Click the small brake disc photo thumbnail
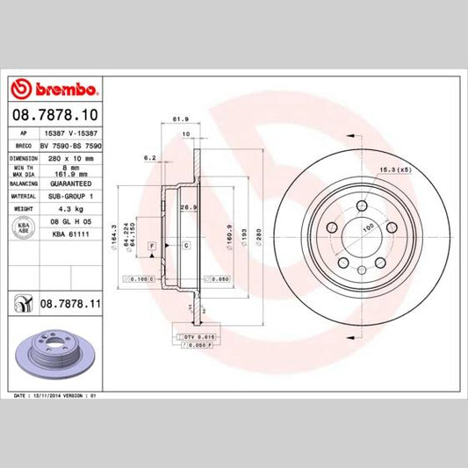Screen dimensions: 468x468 (x=54, y=356)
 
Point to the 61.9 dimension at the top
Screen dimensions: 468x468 (x=183, y=119)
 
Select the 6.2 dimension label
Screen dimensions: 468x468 (x=149, y=157)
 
